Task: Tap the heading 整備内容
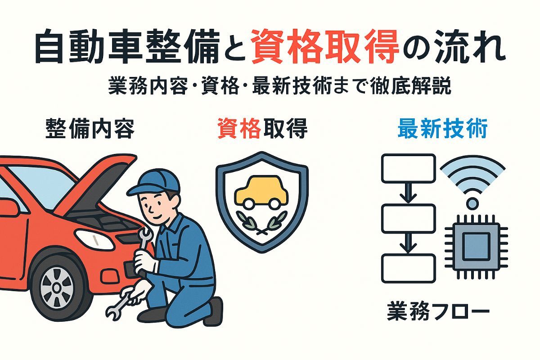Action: (90, 129)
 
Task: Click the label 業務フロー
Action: (438, 313)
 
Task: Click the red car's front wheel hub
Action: (57, 288)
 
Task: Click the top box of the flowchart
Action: (409, 168)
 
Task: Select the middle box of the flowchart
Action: (409, 219)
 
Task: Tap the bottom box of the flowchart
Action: (409, 268)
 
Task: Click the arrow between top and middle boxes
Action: (409, 193)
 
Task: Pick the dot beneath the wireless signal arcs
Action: (472, 204)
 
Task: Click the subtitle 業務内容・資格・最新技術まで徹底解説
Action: (279, 86)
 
